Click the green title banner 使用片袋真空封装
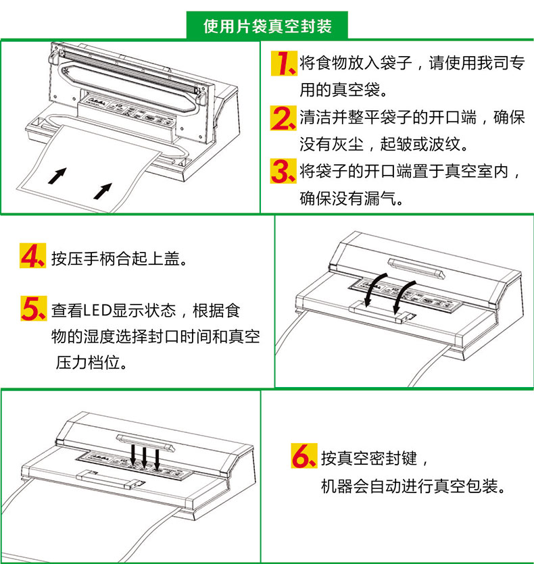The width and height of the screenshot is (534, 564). [267, 26]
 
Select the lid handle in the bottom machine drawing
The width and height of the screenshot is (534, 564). [144, 438]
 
